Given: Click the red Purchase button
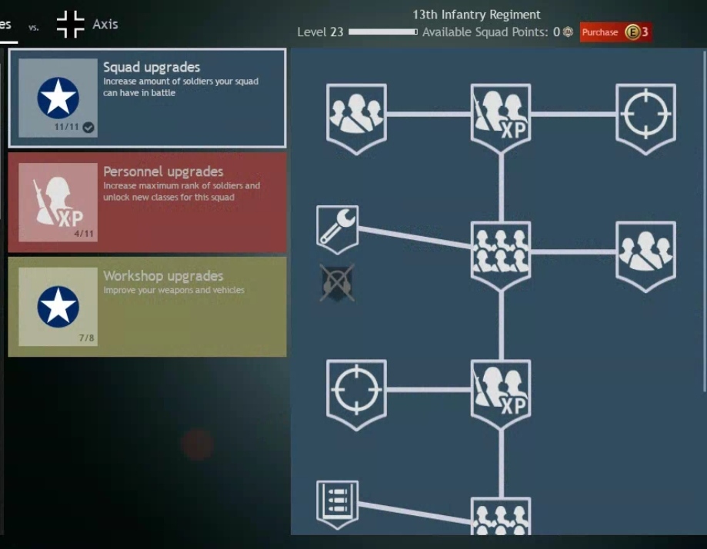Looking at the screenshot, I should (600, 32).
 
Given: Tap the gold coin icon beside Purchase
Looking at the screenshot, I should (632, 32).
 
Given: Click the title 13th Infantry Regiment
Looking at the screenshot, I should (476, 15).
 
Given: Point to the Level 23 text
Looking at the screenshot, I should (320, 32).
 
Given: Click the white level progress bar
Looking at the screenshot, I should (382, 32).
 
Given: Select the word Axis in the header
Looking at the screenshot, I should (105, 24).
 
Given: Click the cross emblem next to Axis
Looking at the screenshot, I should (70, 24).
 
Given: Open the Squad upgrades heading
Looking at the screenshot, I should (152, 68).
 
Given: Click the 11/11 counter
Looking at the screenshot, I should (67, 127).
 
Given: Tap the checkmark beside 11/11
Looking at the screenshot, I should (88, 128).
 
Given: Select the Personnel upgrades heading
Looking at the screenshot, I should (163, 171).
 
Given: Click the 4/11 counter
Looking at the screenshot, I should (83, 233).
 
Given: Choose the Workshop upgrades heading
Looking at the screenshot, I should (163, 276).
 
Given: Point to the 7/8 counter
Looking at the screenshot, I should (86, 338).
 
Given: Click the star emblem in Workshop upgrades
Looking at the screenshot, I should (58, 306).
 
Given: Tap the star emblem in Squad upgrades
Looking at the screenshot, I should (58, 98).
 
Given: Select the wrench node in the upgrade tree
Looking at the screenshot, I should (337, 228).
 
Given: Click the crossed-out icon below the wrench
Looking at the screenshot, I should (337, 282).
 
